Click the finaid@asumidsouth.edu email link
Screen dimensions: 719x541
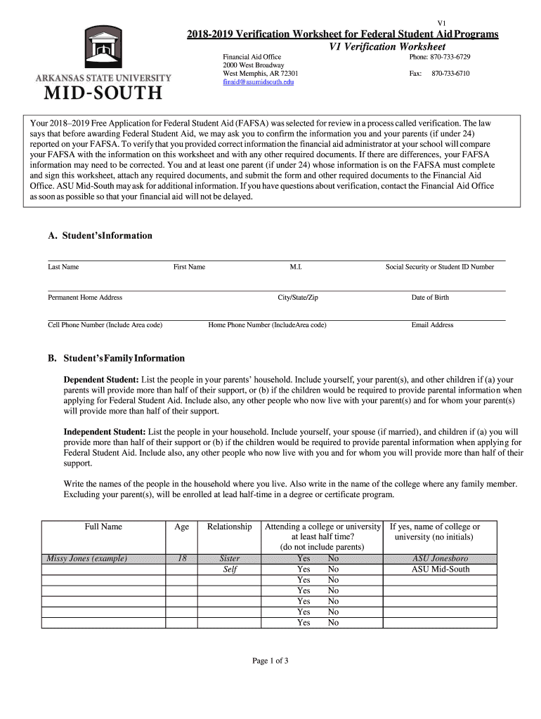259,82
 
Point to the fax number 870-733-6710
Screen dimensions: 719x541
450,73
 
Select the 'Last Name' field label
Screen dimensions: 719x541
63,267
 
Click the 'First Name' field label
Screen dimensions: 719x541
189,267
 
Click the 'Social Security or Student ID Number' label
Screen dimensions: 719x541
439,267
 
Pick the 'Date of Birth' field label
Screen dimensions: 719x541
430,297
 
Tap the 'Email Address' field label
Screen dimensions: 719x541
432,325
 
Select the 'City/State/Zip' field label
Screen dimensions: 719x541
298,297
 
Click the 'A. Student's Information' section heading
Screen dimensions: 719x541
100,236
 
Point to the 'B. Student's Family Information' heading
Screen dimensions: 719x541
116,358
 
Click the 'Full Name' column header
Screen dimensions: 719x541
103,527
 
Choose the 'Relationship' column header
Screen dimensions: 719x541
229,527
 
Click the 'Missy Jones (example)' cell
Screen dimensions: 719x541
86,559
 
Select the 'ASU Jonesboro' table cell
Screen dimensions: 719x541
440,559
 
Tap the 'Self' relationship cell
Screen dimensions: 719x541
230,569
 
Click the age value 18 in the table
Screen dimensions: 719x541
181,559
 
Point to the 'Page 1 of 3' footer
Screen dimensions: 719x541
270,661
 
